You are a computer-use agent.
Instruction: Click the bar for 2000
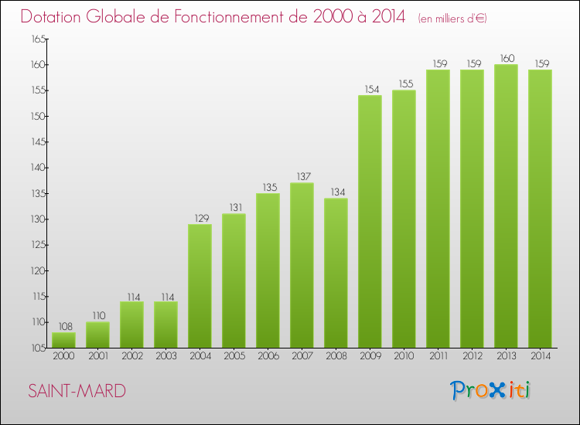(63, 340)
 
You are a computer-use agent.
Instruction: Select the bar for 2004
(200, 286)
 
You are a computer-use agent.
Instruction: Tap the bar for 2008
(336, 273)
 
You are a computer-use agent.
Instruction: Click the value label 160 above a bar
(506, 58)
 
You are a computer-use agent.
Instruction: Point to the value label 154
(370, 89)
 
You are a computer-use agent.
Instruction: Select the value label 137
(302, 176)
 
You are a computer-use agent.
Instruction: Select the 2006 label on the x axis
(268, 356)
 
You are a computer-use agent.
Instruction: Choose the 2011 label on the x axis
(438, 356)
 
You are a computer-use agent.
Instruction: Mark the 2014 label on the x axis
(540, 356)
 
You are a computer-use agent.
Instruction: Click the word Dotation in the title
(58, 16)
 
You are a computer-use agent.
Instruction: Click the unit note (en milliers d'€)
(452, 18)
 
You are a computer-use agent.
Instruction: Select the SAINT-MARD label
(77, 391)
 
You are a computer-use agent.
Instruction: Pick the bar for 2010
(404, 219)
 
